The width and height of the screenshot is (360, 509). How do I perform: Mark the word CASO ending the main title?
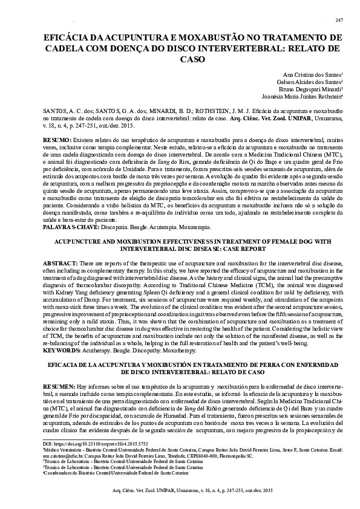point(189,60)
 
